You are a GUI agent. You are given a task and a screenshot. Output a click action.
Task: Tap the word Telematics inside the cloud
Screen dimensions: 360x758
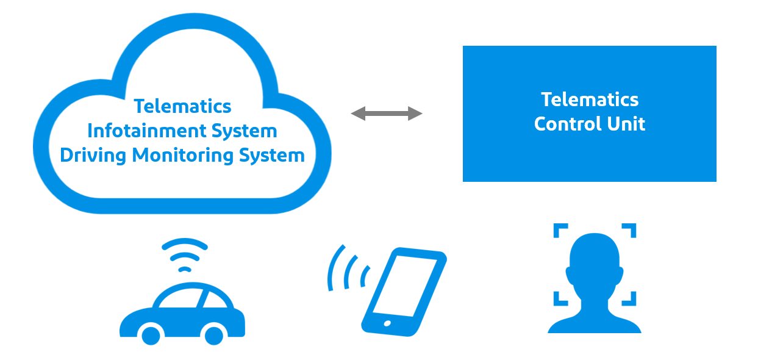[x=182, y=106]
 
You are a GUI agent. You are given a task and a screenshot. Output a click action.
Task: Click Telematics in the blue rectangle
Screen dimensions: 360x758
[x=590, y=99]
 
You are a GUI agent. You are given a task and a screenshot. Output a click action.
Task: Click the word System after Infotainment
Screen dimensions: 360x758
[x=244, y=131]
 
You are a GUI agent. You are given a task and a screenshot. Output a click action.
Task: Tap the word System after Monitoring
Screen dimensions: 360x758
[x=271, y=155]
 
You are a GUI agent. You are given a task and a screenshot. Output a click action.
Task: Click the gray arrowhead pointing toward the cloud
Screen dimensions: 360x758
[x=358, y=113]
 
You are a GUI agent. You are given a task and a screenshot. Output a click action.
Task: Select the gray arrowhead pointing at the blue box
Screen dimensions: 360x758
[x=415, y=113]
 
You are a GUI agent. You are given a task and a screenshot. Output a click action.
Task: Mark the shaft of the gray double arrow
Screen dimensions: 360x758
[x=387, y=113]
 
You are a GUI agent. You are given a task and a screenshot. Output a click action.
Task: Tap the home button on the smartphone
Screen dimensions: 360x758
[x=386, y=323]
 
